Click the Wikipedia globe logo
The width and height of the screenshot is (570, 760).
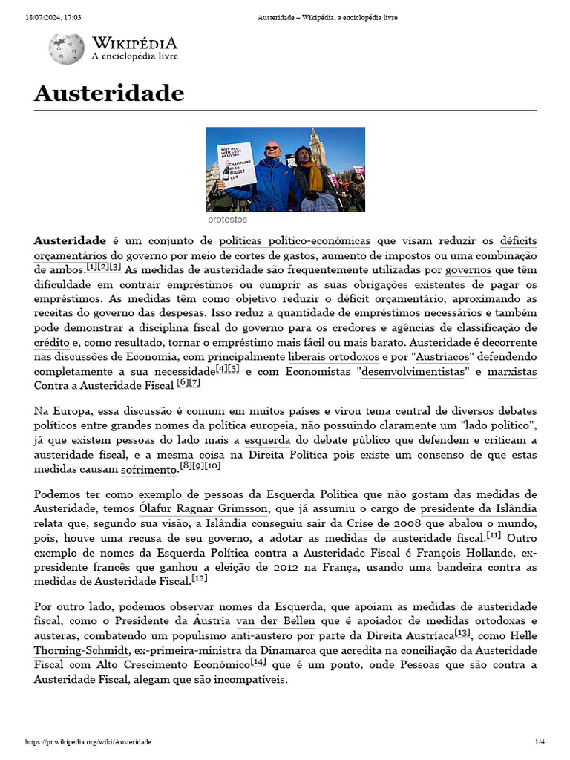click(66, 48)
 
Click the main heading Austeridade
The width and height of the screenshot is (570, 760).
click(108, 94)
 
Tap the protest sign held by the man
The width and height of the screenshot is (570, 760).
click(237, 164)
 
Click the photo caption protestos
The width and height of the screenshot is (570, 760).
click(227, 220)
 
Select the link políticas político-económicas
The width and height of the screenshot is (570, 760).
click(295, 241)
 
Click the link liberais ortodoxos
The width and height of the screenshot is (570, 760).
click(333, 356)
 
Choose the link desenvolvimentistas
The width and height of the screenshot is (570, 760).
click(413, 371)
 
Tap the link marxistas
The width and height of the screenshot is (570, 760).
click(511, 371)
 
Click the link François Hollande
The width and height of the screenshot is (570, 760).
click(465, 552)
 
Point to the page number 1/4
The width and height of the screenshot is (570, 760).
click(540, 742)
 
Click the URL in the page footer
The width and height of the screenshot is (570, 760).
click(88, 742)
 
